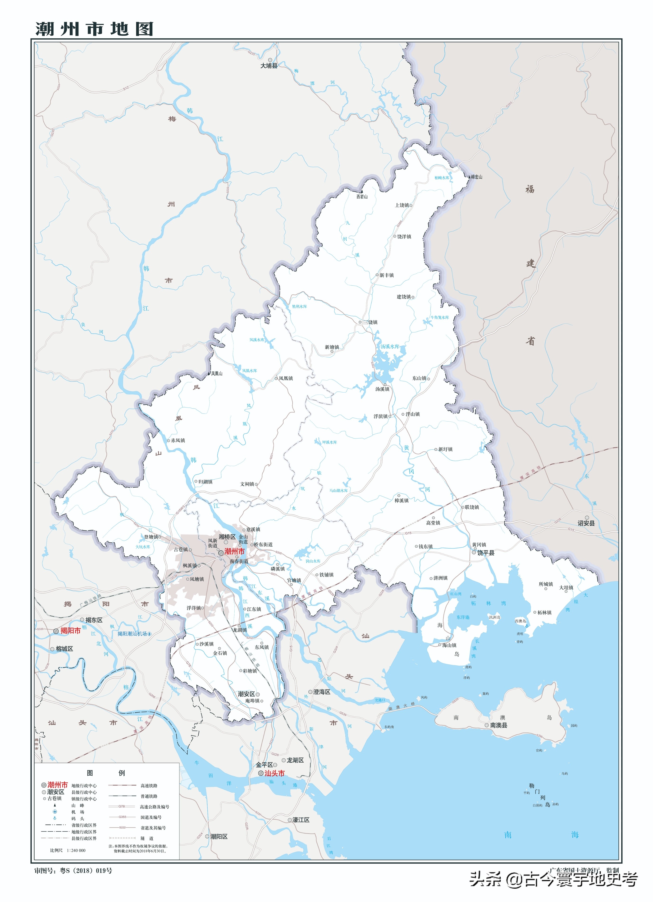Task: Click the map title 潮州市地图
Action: [x=94, y=29]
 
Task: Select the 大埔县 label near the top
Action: [x=269, y=66]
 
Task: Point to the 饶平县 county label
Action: [x=486, y=553]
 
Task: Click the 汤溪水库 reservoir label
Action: [x=390, y=346]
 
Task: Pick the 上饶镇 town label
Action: [x=402, y=205]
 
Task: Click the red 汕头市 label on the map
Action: [x=274, y=773]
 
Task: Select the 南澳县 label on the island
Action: [x=498, y=725]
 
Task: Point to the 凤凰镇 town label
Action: [x=286, y=378]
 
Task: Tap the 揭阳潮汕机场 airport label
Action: [x=132, y=634]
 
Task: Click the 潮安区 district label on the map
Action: [x=246, y=694]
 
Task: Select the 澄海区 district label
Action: [x=322, y=692]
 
